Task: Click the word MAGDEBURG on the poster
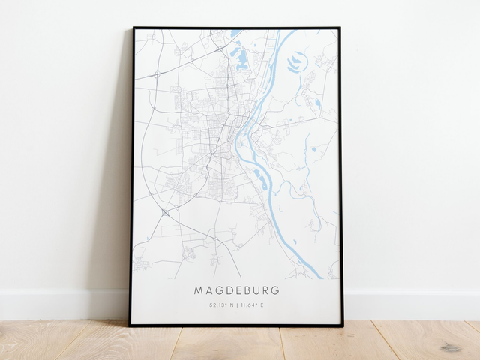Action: click(236, 289)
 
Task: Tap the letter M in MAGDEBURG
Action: click(199, 289)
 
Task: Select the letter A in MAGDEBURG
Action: click(208, 289)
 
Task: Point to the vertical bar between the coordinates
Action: click(236, 304)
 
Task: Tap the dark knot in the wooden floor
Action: click(451, 347)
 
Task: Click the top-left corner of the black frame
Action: click(133, 28)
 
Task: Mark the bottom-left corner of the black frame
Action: click(130, 325)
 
